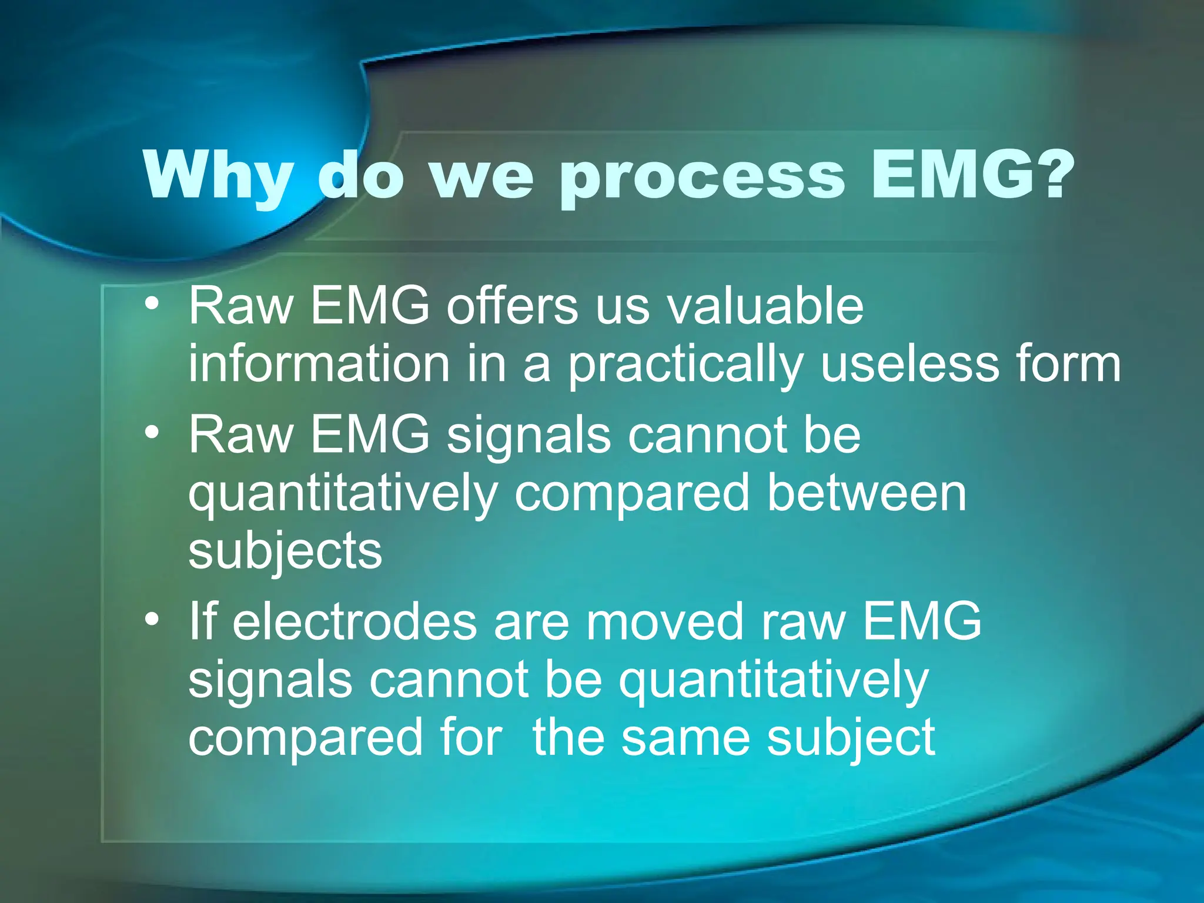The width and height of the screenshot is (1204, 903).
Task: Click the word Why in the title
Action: click(218, 176)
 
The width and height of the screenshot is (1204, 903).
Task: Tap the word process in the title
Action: click(702, 176)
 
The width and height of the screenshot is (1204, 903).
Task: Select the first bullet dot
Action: click(152, 304)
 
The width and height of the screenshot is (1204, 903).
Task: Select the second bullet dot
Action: click(152, 433)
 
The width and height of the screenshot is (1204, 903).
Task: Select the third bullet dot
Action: click(152, 620)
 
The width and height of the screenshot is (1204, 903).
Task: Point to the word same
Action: click(685, 738)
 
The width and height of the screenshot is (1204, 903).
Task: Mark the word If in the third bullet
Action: click(203, 621)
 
